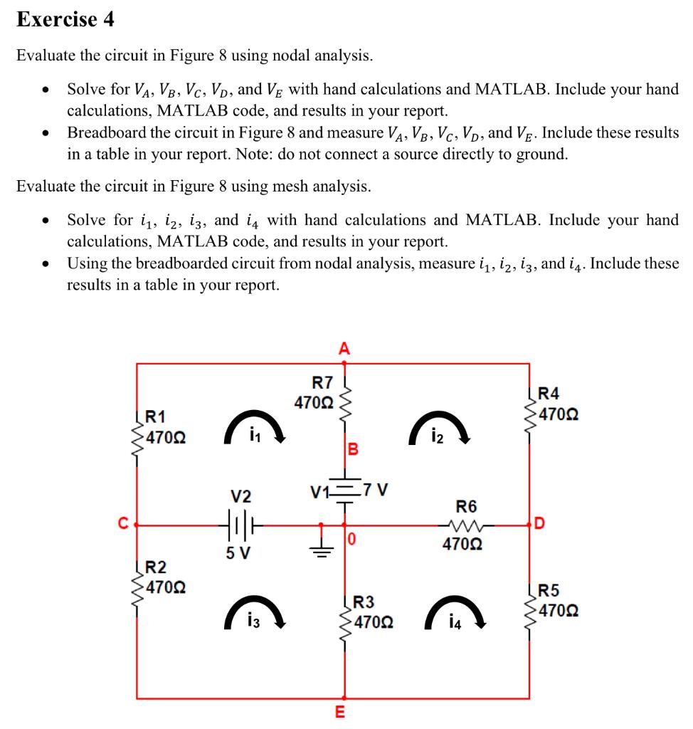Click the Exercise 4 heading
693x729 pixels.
pyautogui.click(x=65, y=20)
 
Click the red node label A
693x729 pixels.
pyautogui.click(x=344, y=348)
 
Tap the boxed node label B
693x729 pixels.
pyautogui.click(x=352, y=449)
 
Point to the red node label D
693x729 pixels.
pyautogui.click(x=541, y=525)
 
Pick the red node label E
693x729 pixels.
pyautogui.click(x=339, y=712)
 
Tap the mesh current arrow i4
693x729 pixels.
pyautogui.click(x=455, y=612)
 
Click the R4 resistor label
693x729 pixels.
pyautogui.click(x=549, y=394)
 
